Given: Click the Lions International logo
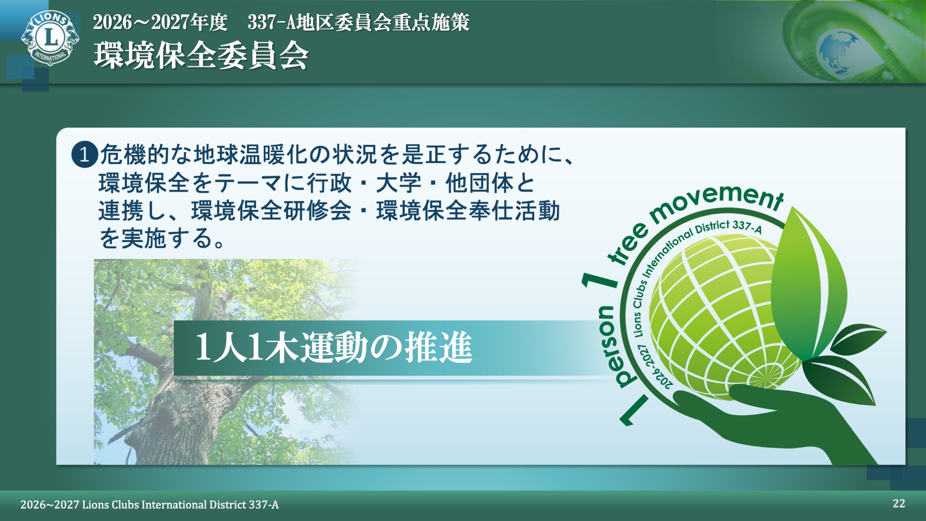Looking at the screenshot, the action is point(50,37).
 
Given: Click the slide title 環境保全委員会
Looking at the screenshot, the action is point(201,56).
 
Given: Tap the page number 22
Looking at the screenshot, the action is point(899,503).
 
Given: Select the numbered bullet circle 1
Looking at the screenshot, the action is point(85,154).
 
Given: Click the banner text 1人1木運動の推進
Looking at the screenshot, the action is point(334,347).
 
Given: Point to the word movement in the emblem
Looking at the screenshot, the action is point(717,201).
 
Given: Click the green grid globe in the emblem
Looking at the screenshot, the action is point(721,318).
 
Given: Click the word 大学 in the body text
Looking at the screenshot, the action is point(398,183).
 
